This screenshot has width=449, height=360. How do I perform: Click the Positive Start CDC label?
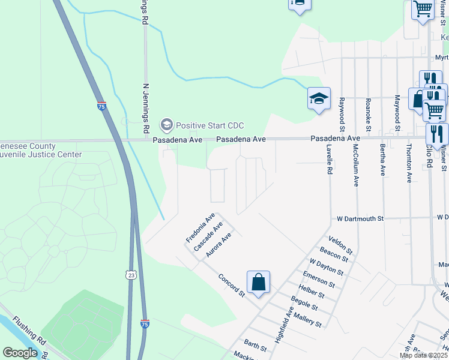(x=202, y=125)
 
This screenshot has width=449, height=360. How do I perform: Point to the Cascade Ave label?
(x=208, y=236)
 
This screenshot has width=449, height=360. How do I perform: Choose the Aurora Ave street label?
(x=218, y=246)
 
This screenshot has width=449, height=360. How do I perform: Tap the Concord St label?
(x=232, y=286)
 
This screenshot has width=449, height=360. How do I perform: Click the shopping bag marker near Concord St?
(x=258, y=282)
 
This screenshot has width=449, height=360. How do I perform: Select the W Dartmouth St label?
(x=360, y=219)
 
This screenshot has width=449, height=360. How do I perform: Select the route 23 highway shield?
(x=131, y=275)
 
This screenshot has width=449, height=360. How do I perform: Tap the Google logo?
(x=20, y=352)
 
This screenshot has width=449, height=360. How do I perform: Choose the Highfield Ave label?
(x=284, y=324)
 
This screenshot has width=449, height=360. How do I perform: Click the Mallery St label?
(x=307, y=318)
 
